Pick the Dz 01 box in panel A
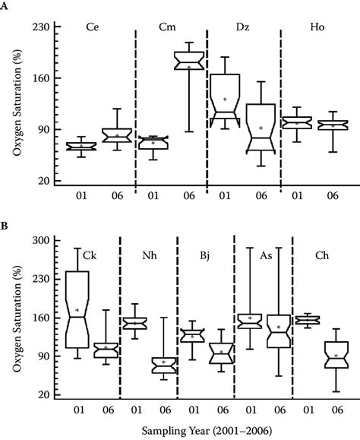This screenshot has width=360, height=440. pos(225,95)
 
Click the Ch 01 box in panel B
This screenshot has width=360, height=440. pos(308,320)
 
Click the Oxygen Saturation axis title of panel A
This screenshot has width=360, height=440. pos(17,103)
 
